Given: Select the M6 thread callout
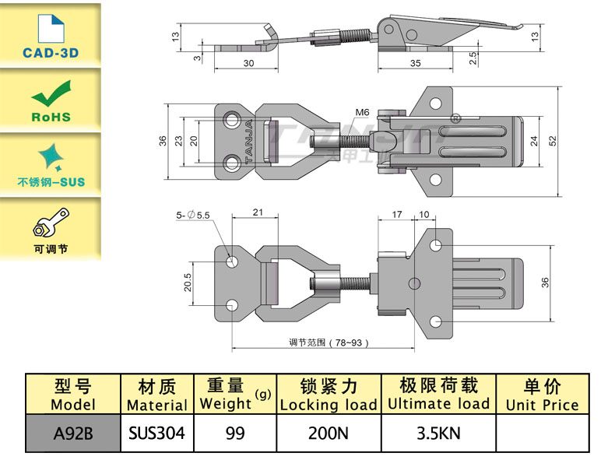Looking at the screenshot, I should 362,113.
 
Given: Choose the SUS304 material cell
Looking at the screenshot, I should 156,433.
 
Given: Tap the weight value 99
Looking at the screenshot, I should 234,433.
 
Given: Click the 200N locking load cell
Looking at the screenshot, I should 328,433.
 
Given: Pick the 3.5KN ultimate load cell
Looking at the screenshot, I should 438,433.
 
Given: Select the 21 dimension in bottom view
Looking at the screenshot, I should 258,212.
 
